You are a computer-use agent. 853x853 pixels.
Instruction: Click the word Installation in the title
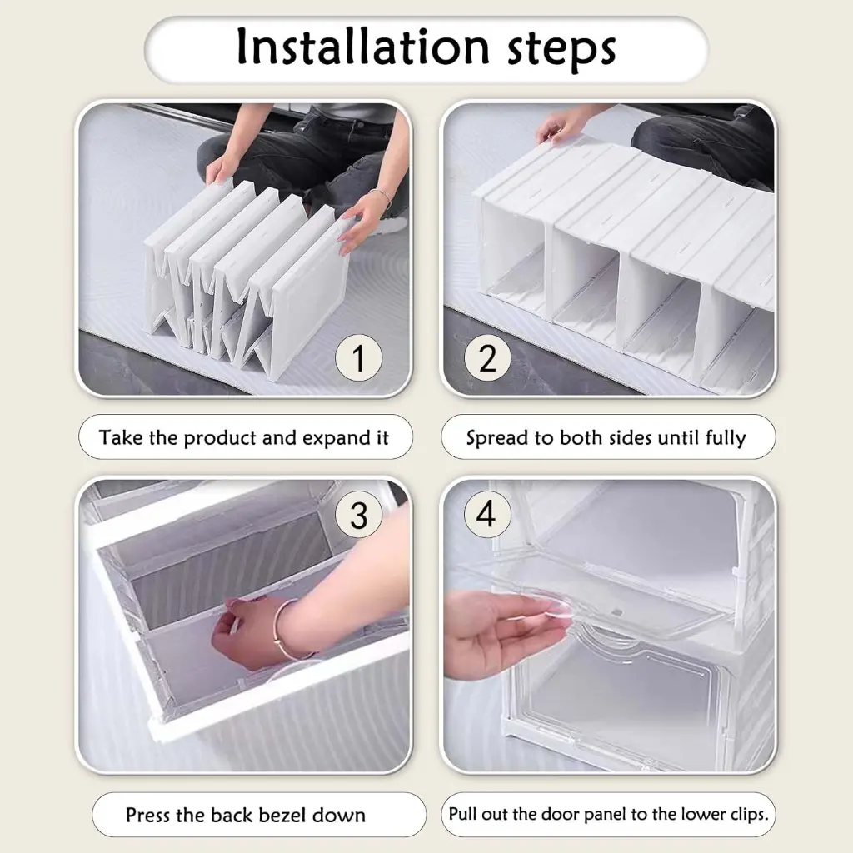click(363, 47)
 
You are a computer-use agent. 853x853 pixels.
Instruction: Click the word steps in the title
click(561, 50)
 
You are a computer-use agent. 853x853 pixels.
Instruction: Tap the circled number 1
click(358, 357)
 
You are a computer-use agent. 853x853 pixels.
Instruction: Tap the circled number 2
click(487, 357)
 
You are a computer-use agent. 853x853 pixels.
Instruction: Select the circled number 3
click(358, 515)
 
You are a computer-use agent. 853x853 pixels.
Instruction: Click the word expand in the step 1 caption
click(337, 438)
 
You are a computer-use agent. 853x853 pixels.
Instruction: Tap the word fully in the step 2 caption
click(726, 438)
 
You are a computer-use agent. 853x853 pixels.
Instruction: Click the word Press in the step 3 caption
click(148, 815)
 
